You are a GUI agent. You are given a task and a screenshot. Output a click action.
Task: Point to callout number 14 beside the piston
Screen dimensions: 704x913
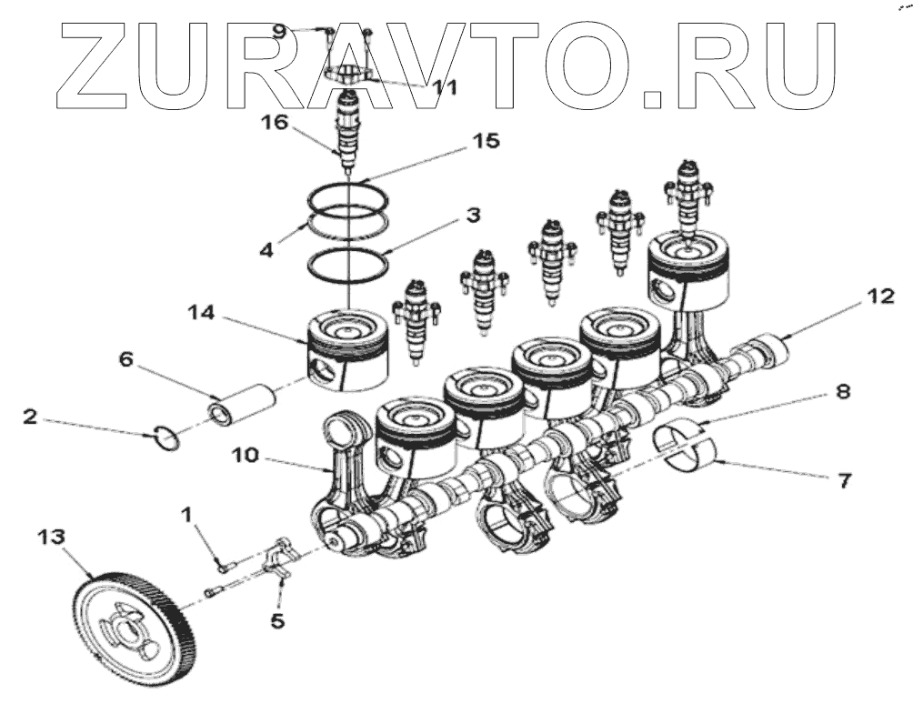pos(201,312)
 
